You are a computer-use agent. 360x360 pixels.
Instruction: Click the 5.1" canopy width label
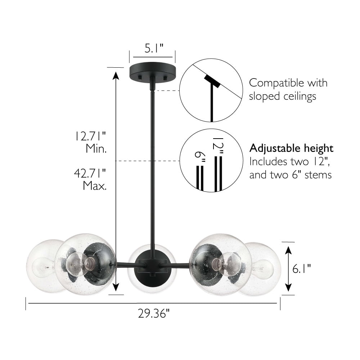point(154,48)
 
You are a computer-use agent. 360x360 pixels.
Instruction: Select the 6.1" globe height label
point(301,269)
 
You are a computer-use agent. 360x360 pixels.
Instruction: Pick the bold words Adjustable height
point(291,149)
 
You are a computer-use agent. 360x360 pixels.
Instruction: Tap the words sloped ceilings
point(283,96)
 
